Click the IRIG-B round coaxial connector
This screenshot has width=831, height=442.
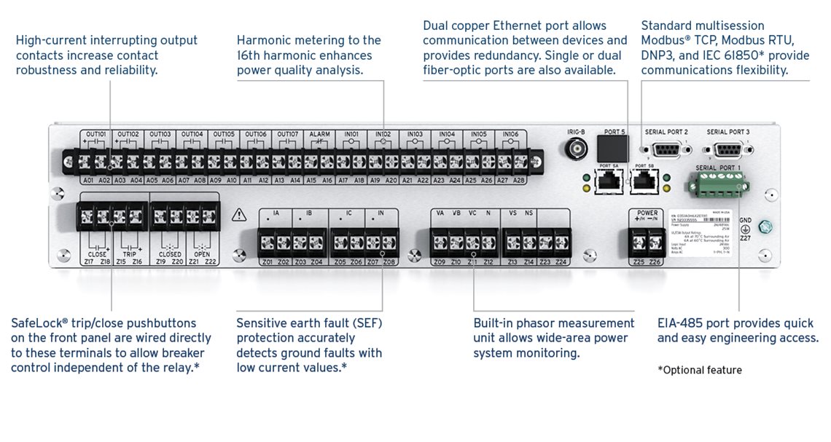(x=576, y=150)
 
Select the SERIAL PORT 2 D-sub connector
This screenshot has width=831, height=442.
(x=666, y=151)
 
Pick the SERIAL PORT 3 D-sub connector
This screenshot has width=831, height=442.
(x=727, y=151)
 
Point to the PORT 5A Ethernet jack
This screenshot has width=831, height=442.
(x=607, y=182)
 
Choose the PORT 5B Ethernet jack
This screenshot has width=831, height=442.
(x=644, y=182)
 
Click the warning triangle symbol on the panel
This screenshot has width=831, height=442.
(x=239, y=215)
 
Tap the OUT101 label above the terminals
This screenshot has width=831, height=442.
(x=96, y=135)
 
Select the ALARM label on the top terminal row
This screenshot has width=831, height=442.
(x=319, y=135)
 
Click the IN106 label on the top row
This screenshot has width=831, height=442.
(x=510, y=135)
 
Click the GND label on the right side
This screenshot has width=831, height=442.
(x=745, y=220)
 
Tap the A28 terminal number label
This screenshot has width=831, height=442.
(x=520, y=179)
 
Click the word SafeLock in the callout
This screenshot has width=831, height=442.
(x=37, y=323)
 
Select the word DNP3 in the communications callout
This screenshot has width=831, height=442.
(x=658, y=55)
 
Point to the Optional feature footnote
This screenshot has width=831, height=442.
(x=700, y=370)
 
